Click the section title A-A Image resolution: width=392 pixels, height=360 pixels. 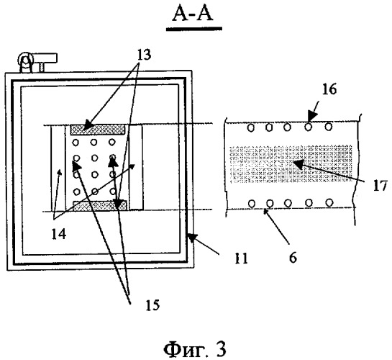[193, 13]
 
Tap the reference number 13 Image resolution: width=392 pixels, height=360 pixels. [144, 55]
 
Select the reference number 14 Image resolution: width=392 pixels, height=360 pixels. [59, 234]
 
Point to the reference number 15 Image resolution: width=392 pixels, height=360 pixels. [152, 305]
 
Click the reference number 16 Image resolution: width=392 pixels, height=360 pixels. [329, 89]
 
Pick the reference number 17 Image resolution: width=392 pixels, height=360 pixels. [380, 186]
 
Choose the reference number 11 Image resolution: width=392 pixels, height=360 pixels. [241, 258]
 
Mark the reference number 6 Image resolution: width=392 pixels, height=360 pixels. [293, 257]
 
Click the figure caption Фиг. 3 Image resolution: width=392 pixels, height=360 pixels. [195, 349]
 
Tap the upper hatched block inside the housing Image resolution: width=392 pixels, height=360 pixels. [98, 130]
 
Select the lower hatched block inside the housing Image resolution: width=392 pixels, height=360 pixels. [100, 206]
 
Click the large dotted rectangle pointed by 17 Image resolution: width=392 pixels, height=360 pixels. [291, 164]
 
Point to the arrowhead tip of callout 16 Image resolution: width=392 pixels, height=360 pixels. [309, 122]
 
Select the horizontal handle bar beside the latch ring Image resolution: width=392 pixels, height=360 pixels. [45, 58]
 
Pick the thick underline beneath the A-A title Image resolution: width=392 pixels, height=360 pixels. [194, 29]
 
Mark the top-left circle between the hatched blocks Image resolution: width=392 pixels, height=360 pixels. [76, 143]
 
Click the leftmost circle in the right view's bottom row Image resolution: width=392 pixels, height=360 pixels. [252, 203]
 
